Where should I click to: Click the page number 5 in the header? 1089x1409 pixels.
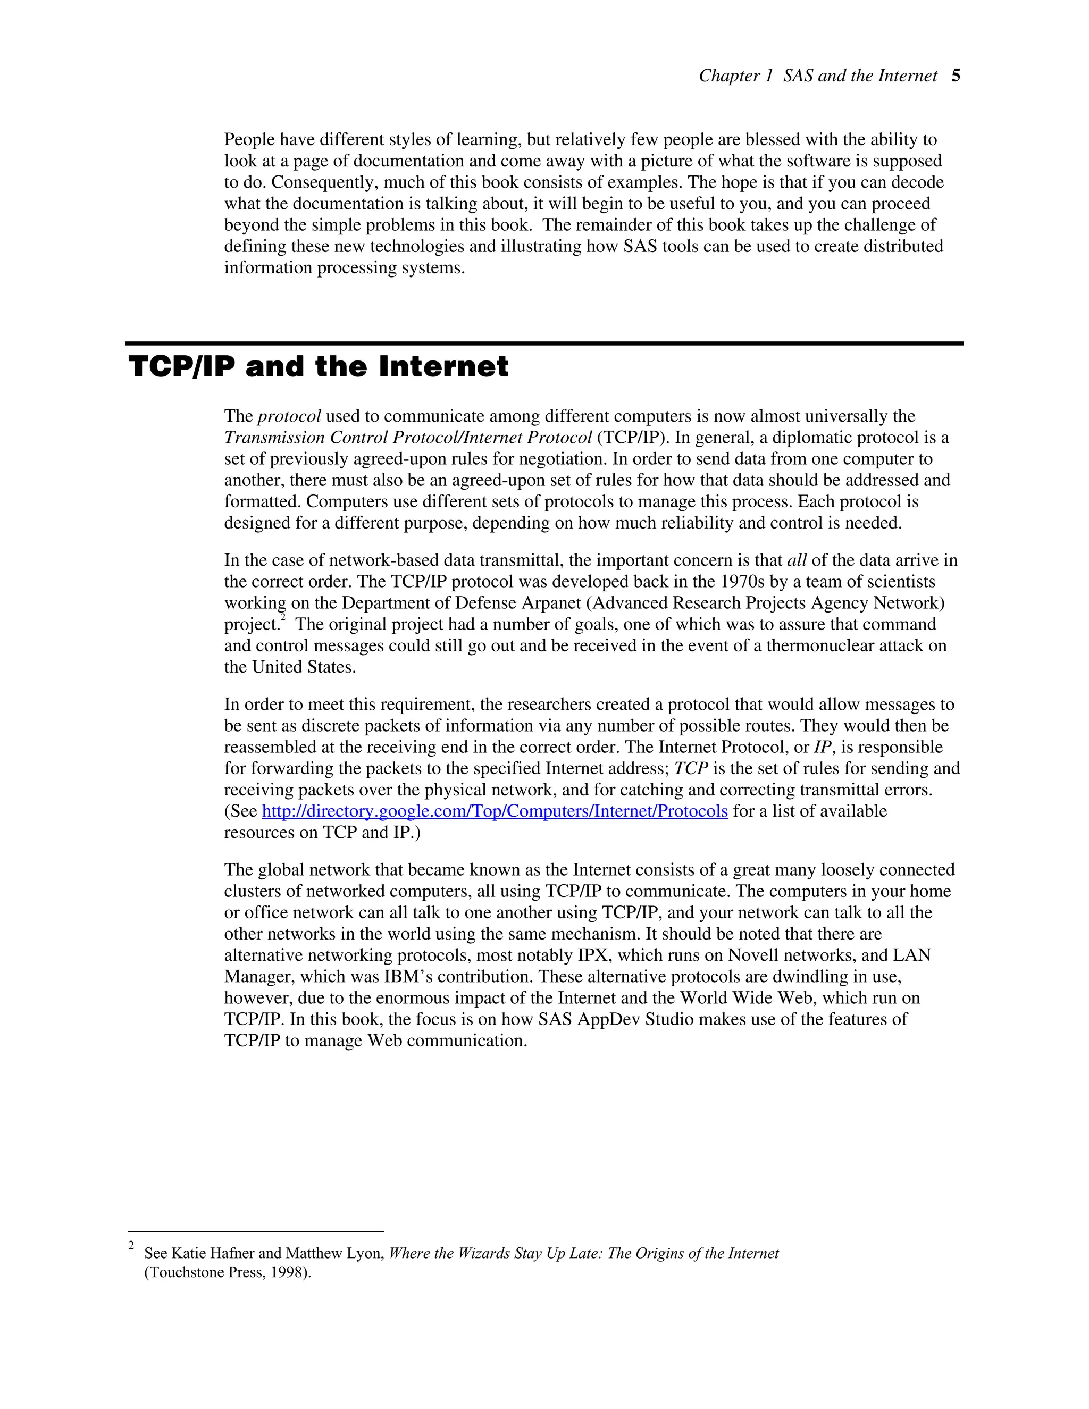click(x=956, y=76)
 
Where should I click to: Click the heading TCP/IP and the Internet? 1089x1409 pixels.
click(x=319, y=367)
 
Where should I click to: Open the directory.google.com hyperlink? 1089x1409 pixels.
click(x=495, y=811)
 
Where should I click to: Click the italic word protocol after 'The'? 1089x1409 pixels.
click(x=289, y=417)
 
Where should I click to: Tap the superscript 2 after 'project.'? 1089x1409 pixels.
click(x=282, y=619)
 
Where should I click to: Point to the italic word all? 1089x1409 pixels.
click(x=797, y=560)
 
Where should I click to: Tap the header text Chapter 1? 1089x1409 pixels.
click(x=735, y=76)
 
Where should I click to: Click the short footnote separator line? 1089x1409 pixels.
click(x=256, y=1231)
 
